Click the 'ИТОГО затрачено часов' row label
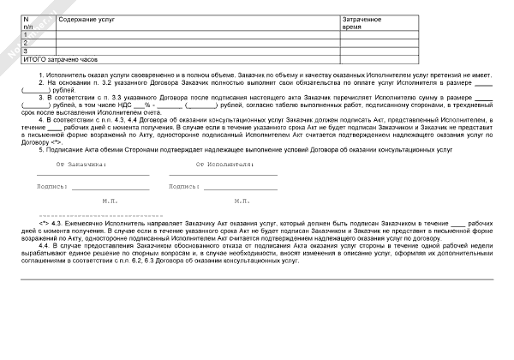pos(60,60)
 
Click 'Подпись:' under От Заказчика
pos(52,185)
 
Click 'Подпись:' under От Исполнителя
pos(184,185)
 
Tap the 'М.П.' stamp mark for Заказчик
pos(110,201)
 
